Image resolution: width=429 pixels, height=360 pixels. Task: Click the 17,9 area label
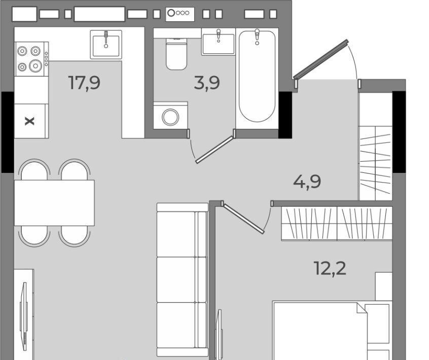click(x=84, y=83)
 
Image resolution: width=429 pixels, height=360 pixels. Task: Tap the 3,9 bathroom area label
click(x=207, y=83)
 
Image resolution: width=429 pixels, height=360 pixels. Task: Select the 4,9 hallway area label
click(x=307, y=182)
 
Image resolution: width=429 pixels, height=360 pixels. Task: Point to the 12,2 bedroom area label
click(x=330, y=268)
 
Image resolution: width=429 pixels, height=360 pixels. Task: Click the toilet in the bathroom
click(x=176, y=54)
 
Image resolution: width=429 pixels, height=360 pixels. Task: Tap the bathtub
click(x=257, y=76)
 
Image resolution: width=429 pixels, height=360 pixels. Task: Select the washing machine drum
click(x=170, y=117)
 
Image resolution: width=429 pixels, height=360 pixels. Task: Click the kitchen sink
click(x=106, y=45)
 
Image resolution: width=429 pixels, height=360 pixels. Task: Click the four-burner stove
click(x=31, y=59)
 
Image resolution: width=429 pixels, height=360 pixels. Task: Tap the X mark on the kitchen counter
click(x=29, y=121)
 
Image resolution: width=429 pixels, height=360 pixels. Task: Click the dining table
click(x=54, y=203)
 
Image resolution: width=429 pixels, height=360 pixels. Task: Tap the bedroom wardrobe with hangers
click(x=337, y=224)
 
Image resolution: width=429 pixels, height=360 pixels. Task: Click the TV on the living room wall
click(x=24, y=316)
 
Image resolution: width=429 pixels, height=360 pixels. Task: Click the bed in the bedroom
click(x=332, y=331)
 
